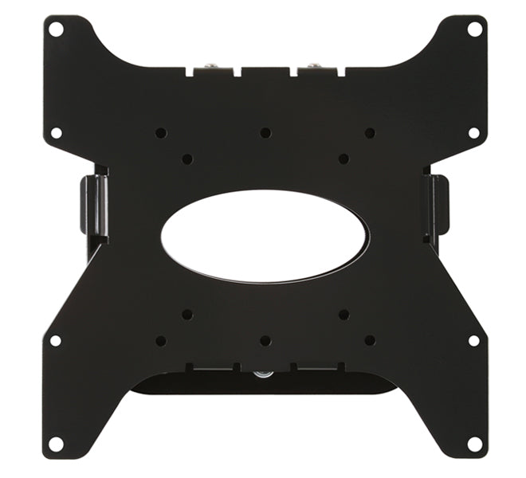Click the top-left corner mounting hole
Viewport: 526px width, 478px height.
[x=56, y=29]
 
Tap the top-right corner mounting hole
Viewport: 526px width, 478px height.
[x=474, y=29]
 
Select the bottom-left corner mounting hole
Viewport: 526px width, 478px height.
[x=56, y=442]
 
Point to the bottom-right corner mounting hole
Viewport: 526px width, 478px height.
[x=474, y=442]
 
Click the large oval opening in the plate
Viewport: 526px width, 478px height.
[x=265, y=236]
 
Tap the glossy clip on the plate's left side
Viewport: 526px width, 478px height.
[x=93, y=206]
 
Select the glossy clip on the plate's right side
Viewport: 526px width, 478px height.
[x=436, y=207]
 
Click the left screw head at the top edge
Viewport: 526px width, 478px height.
[x=210, y=67]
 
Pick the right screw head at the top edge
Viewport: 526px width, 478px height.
[x=314, y=67]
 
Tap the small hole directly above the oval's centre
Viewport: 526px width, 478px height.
[x=265, y=133]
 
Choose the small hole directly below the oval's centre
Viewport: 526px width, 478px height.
[x=265, y=341]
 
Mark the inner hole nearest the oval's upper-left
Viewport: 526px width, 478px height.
[x=187, y=159]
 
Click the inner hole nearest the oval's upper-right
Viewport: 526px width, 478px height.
[x=343, y=159]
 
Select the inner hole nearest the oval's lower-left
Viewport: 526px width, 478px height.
[x=187, y=315]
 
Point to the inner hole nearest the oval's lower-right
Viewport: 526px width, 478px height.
[x=343, y=315]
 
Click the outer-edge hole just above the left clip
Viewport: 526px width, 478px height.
[x=56, y=133]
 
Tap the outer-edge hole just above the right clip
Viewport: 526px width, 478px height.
[x=474, y=133]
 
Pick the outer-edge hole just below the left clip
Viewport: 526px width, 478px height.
[x=56, y=340]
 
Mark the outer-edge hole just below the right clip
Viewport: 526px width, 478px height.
[x=474, y=340]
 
